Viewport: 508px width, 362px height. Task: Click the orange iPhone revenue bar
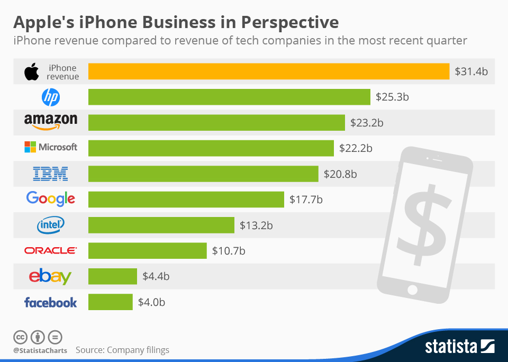click(269, 71)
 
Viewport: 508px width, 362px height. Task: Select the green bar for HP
click(229, 97)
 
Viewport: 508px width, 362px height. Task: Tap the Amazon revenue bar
click(216, 123)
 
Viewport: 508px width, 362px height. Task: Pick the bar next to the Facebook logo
click(111, 302)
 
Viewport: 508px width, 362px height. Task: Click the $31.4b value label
click(471, 71)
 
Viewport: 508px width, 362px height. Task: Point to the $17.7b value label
click(306, 200)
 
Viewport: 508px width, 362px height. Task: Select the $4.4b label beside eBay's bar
click(156, 276)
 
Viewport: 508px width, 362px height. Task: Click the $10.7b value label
click(229, 251)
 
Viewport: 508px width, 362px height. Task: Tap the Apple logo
click(32, 71)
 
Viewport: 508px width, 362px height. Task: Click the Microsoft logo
click(51, 147)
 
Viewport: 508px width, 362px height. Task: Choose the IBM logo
click(51, 174)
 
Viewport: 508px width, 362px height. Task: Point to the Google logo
click(51, 199)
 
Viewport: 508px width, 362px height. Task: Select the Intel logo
click(51, 225)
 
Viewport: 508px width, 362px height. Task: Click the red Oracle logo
click(51, 250)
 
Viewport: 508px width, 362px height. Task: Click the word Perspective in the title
click(289, 22)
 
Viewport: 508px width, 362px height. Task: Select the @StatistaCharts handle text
click(40, 350)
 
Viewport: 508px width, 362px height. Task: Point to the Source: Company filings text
click(122, 350)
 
